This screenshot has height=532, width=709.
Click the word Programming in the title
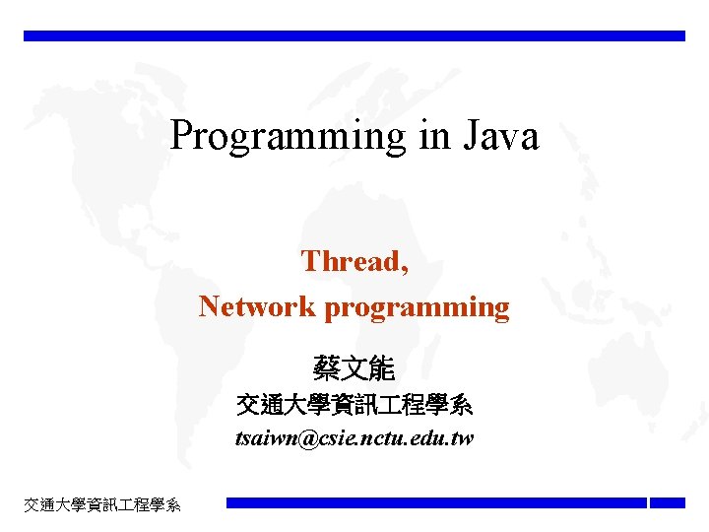288,137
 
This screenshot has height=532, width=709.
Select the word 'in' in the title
434,135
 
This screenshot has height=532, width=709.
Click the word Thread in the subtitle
352,261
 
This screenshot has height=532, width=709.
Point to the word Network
258,306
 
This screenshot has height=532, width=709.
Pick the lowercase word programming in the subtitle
418,308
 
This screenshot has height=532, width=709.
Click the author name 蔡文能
354,369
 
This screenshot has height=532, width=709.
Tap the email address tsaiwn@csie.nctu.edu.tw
354,438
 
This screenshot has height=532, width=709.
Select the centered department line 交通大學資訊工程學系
354,405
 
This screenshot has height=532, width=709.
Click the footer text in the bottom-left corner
102,504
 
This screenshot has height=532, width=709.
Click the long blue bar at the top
354,35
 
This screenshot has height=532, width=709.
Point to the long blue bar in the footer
436,502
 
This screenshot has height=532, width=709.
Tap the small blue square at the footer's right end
667,502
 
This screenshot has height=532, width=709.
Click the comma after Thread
405,269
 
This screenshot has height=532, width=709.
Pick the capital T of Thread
311,261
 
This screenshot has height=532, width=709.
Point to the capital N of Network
210,306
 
